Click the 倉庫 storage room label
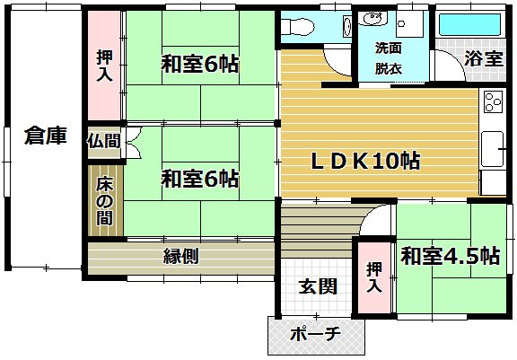click(46, 136)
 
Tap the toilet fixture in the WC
click(298, 27)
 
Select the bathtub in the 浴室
click(469, 25)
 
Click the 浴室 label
click(484, 59)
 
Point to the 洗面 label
click(388, 48)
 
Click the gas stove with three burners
click(493, 101)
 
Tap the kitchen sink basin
click(492, 149)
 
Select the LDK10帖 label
click(365, 162)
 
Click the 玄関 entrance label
click(318, 286)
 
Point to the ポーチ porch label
click(315, 334)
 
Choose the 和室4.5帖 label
click(450, 256)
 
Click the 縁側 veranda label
click(181, 256)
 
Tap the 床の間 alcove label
click(104, 201)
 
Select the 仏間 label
click(103, 141)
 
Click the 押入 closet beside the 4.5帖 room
click(374, 277)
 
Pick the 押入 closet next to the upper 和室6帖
click(104, 66)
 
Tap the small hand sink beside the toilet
click(346, 26)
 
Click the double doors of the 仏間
click(134, 144)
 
